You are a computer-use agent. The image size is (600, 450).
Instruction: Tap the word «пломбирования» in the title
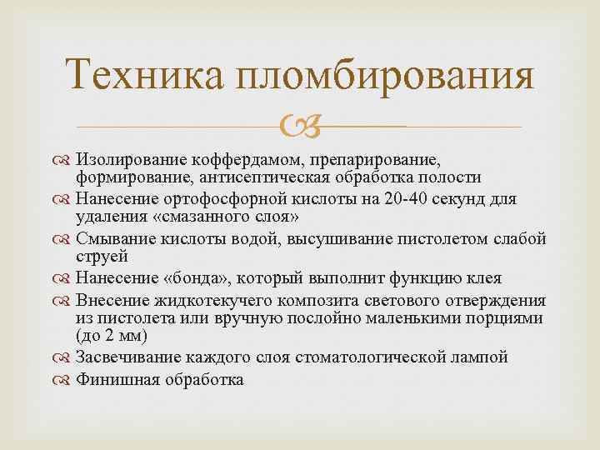(384, 77)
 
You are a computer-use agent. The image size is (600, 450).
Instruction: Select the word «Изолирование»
(129, 159)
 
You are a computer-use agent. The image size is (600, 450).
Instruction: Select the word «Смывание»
(114, 238)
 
